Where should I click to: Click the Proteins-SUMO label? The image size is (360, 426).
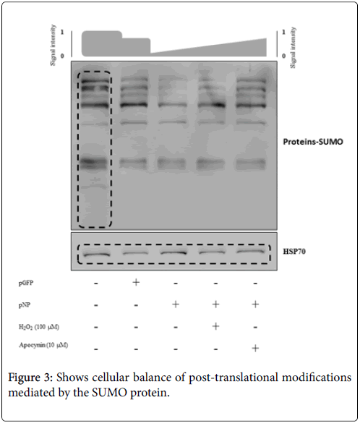pos(313,142)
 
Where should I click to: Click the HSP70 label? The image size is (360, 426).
pos(294,251)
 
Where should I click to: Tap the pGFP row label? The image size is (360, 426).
pos(26,283)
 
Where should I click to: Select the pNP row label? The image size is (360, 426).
pos(25,304)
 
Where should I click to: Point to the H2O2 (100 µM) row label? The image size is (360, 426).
pos(39,327)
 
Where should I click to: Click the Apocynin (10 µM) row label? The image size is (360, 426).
pos(43,345)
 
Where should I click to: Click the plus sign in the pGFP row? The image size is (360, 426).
pos(136,282)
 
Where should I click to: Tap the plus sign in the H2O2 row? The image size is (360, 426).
pos(215,325)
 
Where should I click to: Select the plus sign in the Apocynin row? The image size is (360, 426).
pos(255,348)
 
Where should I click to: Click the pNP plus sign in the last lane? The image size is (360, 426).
pos(255,304)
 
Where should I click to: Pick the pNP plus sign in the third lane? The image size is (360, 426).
pos(176,304)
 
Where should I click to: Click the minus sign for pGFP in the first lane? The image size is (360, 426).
pos(96,284)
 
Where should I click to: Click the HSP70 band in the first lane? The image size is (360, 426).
pos(96,255)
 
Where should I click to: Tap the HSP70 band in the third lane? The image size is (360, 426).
pos(173,252)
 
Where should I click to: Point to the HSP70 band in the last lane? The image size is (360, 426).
pos(250,252)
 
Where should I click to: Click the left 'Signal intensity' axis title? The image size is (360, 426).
pos(53,45)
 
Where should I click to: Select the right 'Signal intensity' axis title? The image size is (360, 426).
pos(293,48)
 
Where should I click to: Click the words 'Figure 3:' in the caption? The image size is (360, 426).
pos(30,378)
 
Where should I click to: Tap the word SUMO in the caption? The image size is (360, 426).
pos(110,393)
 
